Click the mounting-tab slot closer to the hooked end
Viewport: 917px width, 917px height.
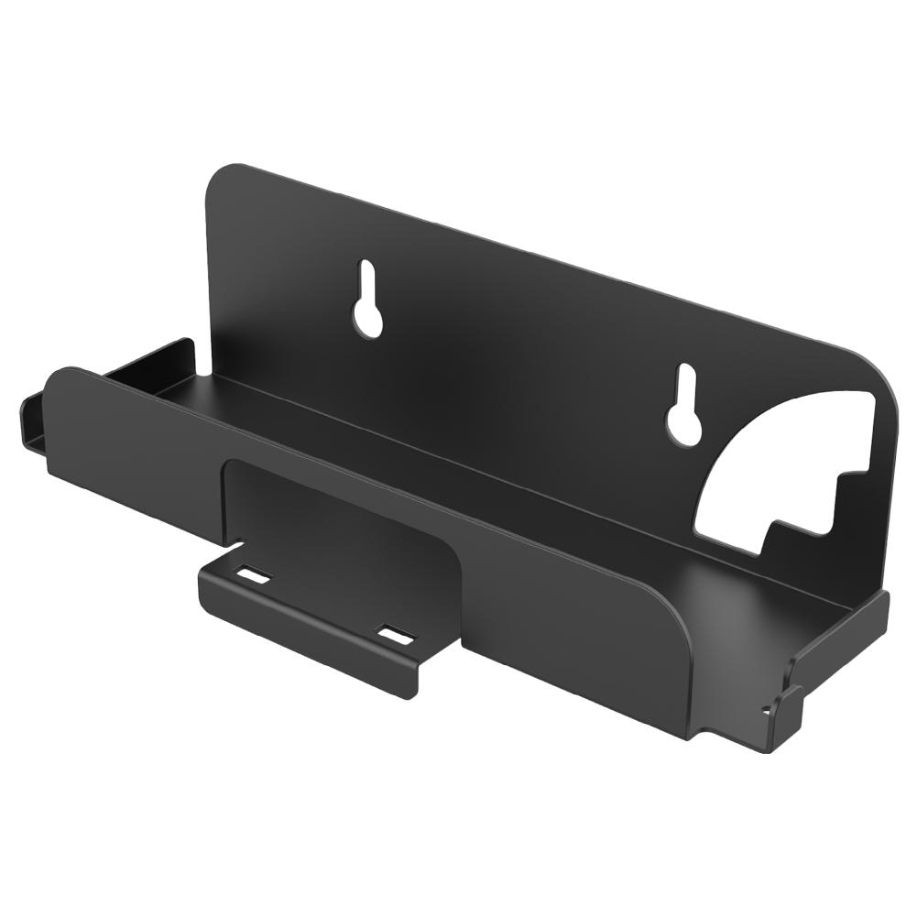[396, 634]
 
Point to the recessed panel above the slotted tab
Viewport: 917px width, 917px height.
[339, 513]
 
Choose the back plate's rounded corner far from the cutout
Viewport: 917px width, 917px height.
[218, 183]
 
